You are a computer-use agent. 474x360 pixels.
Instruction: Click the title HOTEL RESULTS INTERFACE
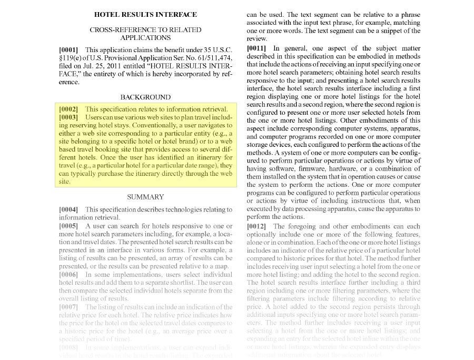click(145, 15)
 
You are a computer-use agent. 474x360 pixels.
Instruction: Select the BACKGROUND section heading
click(145, 97)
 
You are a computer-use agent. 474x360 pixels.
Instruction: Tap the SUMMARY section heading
click(145, 197)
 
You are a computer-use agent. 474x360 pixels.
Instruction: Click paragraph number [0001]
click(68, 49)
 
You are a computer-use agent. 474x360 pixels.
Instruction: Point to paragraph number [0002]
click(68, 109)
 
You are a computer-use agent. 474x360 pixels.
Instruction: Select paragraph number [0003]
click(68, 117)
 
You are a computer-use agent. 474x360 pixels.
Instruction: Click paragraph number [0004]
click(68, 209)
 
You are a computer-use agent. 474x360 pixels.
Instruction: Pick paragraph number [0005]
click(68, 225)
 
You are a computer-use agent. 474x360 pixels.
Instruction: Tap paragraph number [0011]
click(256, 48)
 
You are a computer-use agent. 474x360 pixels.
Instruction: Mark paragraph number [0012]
click(256, 226)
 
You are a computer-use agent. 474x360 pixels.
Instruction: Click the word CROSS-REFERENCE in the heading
click(117, 30)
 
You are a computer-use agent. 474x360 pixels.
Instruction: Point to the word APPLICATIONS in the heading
click(145, 38)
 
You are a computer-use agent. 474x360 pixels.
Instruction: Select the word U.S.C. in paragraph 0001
click(220, 49)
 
